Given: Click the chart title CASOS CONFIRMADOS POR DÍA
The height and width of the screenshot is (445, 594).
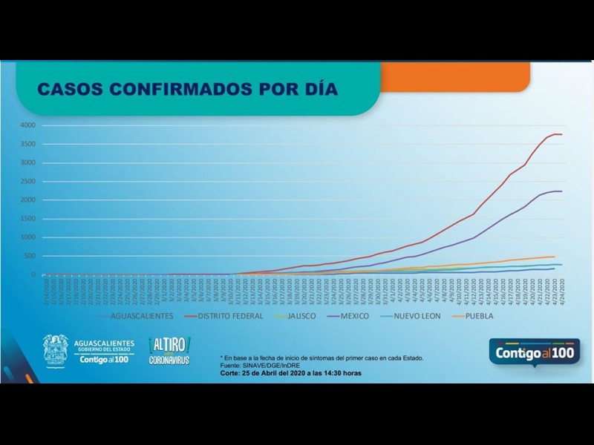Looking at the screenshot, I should [x=187, y=90].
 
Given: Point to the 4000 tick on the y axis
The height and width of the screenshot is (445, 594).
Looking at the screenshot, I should [x=27, y=125].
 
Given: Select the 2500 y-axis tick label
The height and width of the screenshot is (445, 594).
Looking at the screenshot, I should [x=27, y=181].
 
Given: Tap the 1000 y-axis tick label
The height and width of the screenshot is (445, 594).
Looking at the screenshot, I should [x=27, y=237].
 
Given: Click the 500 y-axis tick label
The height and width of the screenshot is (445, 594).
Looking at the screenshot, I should [x=30, y=256].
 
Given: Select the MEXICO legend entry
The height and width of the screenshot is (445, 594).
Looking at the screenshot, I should [x=353, y=316].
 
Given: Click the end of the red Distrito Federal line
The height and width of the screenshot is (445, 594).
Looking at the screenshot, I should [x=561, y=134].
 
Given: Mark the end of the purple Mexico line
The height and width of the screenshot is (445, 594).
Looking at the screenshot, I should [x=561, y=191].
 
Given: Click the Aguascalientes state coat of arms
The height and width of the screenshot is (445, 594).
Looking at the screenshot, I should [x=55, y=350].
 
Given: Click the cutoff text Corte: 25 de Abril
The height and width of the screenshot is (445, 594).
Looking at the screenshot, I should [x=291, y=373].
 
